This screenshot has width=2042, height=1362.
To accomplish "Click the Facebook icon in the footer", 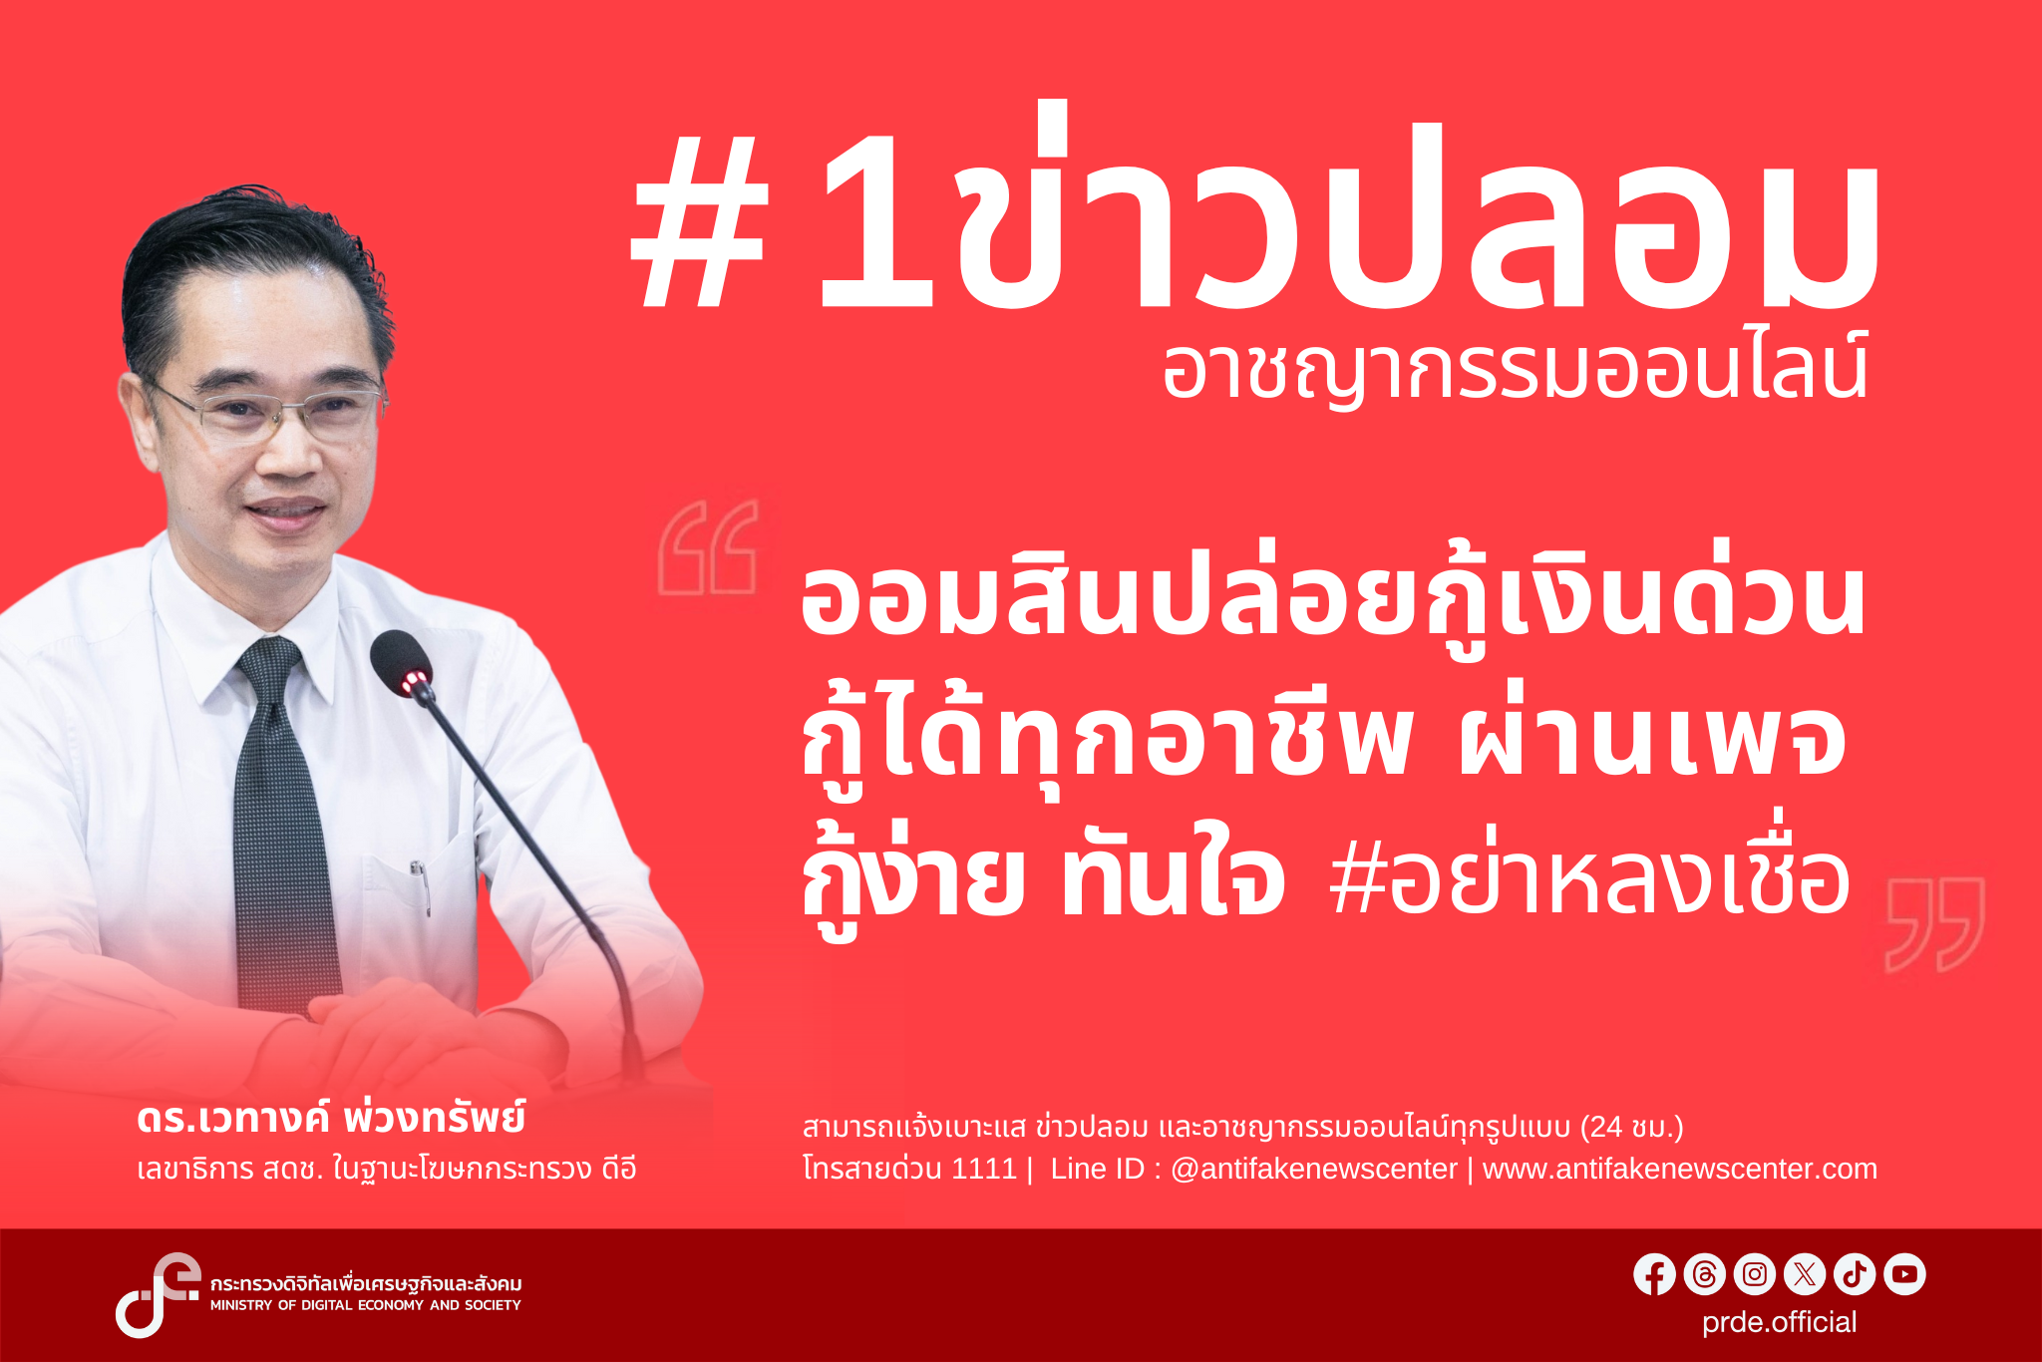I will [1654, 1274].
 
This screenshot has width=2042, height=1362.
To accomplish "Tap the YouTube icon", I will [1904, 1274].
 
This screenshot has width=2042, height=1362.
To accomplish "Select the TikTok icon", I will [1855, 1274].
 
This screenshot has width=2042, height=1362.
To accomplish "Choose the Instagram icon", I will [1755, 1274].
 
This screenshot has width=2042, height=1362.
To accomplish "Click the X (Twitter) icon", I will [1805, 1274].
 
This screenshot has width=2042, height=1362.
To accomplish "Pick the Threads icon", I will [1704, 1274].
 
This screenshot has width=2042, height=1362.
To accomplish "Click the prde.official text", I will [1779, 1322].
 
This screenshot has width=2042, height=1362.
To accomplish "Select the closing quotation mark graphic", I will [1934, 924].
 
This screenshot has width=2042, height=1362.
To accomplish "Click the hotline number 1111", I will [983, 1169].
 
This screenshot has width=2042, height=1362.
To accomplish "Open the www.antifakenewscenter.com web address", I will [1679, 1169].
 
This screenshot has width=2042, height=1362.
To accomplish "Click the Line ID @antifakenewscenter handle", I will [1313, 1169].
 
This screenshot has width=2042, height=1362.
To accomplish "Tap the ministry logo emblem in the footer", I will [156, 1293].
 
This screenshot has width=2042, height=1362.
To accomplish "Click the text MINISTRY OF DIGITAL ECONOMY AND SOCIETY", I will [365, 1305].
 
